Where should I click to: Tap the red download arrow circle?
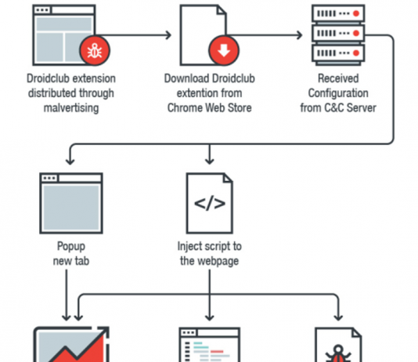(223, 52)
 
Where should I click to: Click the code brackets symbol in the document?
(209, 205)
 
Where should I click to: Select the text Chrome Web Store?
(209, 107)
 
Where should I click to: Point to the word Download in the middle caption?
(183, 79)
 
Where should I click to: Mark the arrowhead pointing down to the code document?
(209, 160)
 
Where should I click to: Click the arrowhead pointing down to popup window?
(70, 160)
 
